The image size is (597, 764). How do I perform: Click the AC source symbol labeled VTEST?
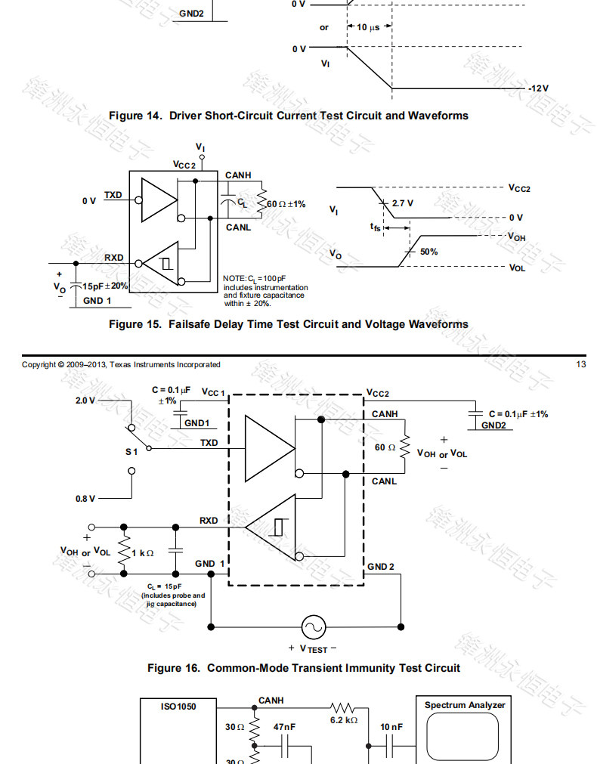point(312,626)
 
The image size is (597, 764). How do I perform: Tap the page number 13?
point(581,365)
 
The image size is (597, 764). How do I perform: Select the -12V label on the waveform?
point(538,88)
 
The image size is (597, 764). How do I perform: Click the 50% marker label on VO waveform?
point(428,252)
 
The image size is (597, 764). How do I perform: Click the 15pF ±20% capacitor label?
point(106,286)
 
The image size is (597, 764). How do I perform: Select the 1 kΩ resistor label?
point(143,552)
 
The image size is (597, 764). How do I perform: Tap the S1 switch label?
point(131,451)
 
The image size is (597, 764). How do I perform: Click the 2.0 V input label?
point(85,401)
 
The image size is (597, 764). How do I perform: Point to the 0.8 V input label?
point(85,499)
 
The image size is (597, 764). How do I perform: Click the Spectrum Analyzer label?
point(465,705)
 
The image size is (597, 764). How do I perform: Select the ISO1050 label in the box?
point(178,707)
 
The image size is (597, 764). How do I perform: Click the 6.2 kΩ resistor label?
point(343,721)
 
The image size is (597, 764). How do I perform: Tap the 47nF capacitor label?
point(284,727)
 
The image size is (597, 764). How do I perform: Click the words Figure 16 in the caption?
point(173,668)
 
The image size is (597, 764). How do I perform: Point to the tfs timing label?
point(376,227)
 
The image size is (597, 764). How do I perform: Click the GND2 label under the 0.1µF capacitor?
point(493,425)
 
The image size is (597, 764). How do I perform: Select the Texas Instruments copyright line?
point(121,365)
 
